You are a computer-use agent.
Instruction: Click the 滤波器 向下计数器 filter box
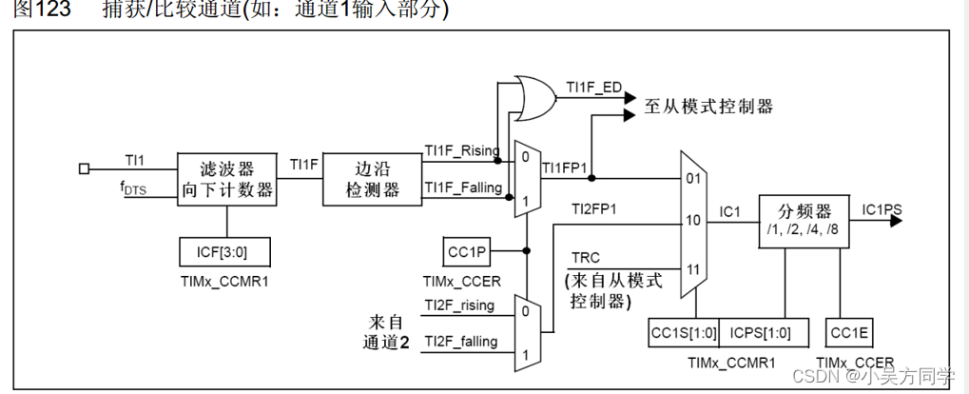coord(227,179)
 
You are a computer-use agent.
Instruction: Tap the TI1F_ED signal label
coord(593,88)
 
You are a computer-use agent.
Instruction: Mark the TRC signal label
coord(585,258)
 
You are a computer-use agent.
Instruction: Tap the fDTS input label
coord(133,189)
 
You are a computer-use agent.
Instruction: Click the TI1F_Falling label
coord(463,187)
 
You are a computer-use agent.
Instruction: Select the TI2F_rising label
coord(459,305)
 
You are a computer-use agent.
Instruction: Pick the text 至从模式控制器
coord(708,107)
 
